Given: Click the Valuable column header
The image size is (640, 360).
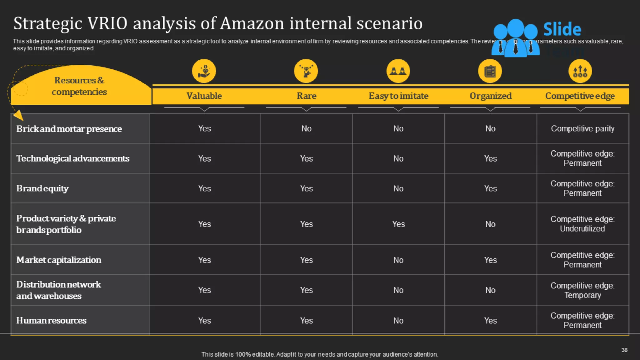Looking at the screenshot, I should pyautogui.click(x=204, y=96).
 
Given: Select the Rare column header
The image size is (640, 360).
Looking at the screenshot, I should pyautogui.click(x=306, y=96).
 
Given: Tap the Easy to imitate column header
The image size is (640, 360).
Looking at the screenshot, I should pyautogui.click(x=398, y=96).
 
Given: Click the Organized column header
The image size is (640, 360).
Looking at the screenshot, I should pyautogui.click(x=490, y=96).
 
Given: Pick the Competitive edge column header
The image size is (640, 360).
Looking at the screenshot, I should pyautogui.click(x=580, y=96).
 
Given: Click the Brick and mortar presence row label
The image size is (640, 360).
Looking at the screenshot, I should pyautogui.click(x=69, y=129).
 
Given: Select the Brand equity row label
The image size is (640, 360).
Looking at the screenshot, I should pyautogui.click(x=42, y=188).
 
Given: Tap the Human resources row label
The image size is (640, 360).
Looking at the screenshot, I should pyautogui.click(x=51, y=321).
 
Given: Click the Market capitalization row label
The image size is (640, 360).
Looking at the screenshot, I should pyautogui.click(x=59, y=260).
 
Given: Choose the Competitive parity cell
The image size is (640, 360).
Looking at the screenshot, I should pyautogui.click(x=582, y=129).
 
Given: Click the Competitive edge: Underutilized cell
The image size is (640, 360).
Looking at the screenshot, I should pyautogui.click(x=582, y=224).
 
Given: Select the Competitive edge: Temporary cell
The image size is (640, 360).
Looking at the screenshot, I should pyautogui.click(x=582, y=290).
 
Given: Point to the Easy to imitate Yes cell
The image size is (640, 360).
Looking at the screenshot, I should pyautogui.click(x=398, y=224).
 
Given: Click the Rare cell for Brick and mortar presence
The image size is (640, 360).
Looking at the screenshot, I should pyautogui.click(x=306, y=129).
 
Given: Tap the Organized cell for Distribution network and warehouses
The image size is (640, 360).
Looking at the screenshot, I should pyautogui.click(x=490, y=290).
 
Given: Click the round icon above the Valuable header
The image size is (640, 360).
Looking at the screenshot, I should pyautogui.click(x=204, y=71).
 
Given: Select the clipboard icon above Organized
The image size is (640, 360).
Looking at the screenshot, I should pyautogui.click(x=490, y=71).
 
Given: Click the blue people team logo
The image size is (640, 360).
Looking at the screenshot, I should pyautogui.click(x=516, y=38).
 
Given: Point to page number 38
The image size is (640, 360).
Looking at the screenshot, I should pyautogui.click(x=624, y=350).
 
